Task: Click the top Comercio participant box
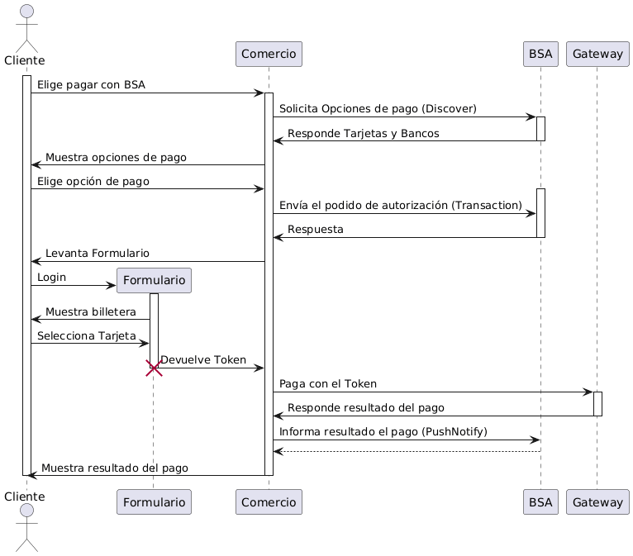point(269,54)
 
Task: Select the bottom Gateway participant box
point(597,501)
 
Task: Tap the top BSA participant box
point(540,54)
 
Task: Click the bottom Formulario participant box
point(156,501)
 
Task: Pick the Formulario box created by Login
point(156,281)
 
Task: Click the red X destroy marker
point(154,368)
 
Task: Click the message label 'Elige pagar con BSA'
point(91,85)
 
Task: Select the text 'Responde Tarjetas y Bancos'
point(363,133)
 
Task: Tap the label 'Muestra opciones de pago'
point(116,157)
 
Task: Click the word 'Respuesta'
point(316,229)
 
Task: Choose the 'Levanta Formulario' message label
point(98,252)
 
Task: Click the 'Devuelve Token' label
point(203,359)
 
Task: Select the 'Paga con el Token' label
point(328,383)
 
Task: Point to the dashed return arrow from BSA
point(405,451)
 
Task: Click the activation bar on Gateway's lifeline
point(597,403)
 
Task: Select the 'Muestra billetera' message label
point(91,311)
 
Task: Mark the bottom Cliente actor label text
point(24,496)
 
